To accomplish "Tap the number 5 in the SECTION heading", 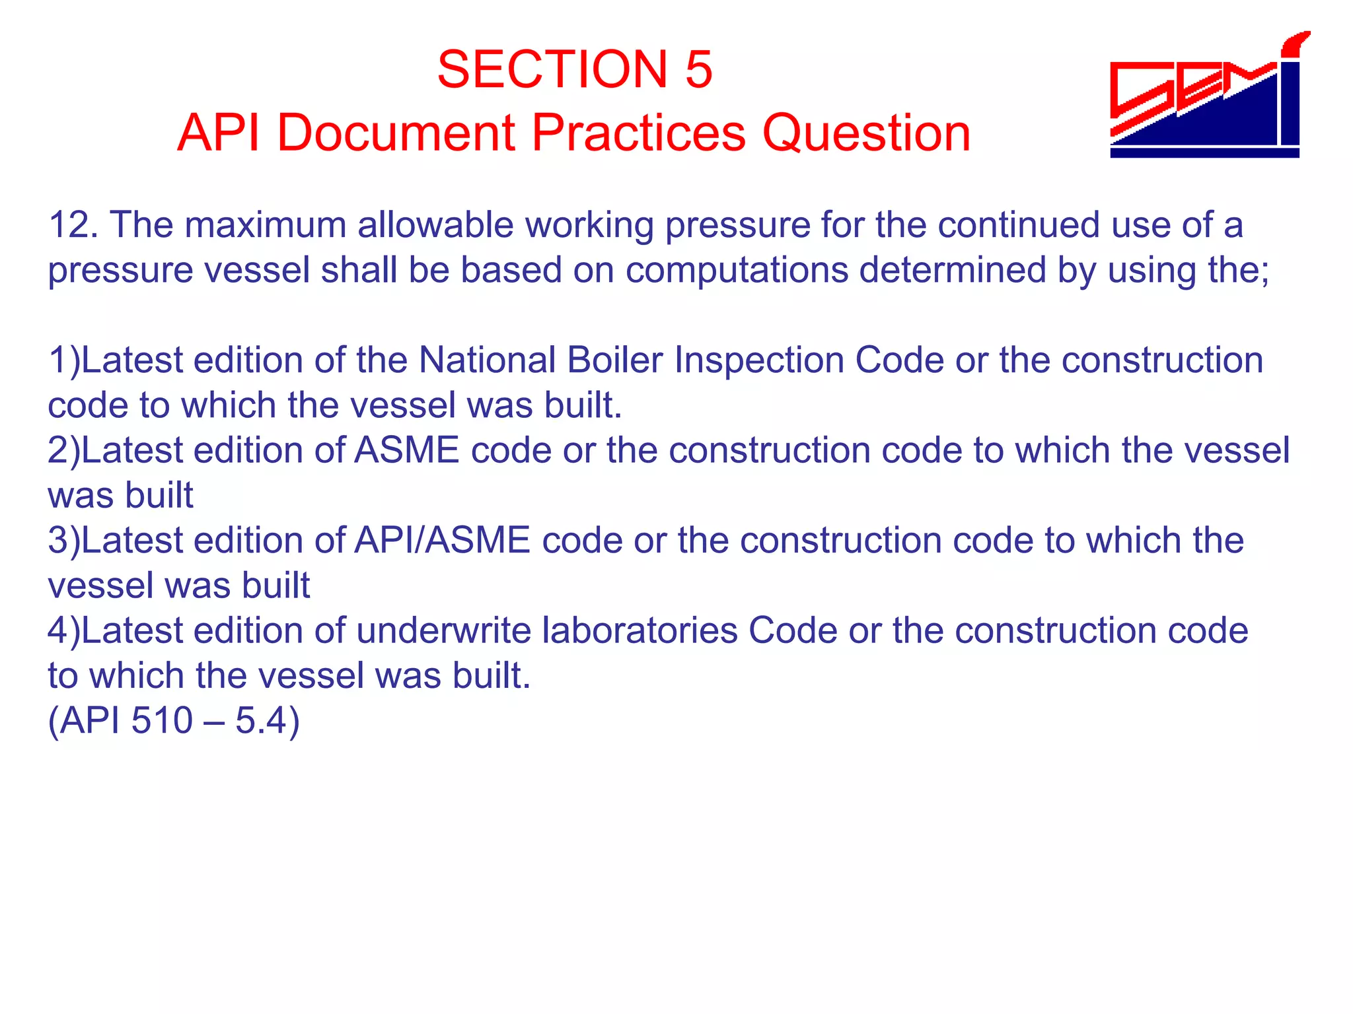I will coord(698,69).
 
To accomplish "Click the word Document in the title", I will coord(395,133).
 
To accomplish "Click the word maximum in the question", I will coord(266,225).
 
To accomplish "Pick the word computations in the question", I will coord(737,270).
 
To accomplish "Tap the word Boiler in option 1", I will coord(614,360).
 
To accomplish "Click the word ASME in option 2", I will coord(407,451).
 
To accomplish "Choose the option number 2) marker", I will coord(63,451).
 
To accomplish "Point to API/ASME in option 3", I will coord(442,541).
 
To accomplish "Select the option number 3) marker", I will coord(63,541).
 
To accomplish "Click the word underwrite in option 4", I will coord(444,630).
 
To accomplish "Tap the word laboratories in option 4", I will coord(640,630).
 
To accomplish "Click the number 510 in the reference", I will coord(161,720).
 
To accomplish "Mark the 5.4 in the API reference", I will coord(260,720).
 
